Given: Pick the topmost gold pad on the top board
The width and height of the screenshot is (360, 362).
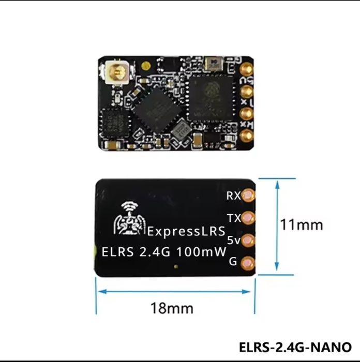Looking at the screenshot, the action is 247,68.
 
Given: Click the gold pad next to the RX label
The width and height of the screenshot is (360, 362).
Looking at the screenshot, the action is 249,195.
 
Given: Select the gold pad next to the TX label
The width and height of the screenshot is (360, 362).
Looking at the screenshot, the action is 249,218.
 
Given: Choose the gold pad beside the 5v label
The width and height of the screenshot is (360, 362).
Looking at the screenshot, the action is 249,240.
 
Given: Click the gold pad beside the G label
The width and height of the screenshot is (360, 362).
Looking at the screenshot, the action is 249,262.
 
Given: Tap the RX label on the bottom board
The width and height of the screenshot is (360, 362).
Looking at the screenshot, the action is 233,195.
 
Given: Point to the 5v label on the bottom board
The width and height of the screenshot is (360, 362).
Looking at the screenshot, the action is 233,240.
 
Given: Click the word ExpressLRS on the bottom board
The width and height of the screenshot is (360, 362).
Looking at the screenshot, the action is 186,231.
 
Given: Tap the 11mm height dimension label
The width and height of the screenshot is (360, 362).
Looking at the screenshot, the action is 301,224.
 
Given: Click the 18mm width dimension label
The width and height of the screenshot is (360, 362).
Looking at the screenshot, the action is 172,308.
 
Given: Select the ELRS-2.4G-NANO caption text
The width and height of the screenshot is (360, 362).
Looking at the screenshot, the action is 295,346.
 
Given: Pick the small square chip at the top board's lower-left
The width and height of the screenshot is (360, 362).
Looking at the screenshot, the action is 114,123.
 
